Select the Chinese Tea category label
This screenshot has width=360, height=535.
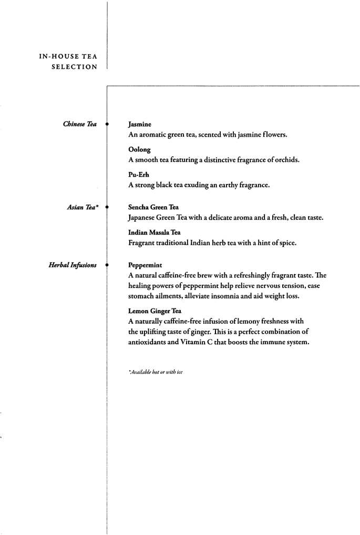tap(80, 125)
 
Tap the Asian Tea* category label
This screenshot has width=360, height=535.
tap(83, 208)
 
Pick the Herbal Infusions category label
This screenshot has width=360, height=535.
tap(73, 265)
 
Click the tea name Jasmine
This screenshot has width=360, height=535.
tap(139, 125)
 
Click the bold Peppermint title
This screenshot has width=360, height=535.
tap(145, 265)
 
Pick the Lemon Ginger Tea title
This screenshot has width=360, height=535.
tap(155, 311)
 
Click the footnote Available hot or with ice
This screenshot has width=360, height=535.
tap(155, 372)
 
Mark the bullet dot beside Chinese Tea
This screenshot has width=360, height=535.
tap(107, 125)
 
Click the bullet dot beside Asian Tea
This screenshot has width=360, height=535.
tap(107, 208)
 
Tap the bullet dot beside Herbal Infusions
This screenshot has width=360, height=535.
tap(107, 265)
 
